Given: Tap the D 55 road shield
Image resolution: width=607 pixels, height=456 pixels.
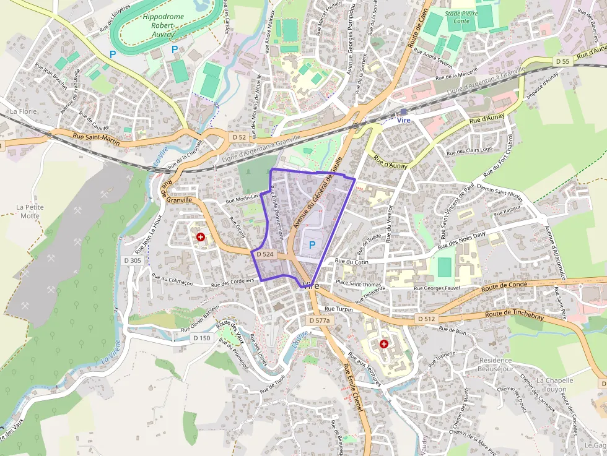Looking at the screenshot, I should click(x=562, y=61).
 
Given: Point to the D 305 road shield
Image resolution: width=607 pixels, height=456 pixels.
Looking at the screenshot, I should click(x=133, y=260).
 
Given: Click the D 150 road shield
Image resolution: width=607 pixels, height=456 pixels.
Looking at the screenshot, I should click(x=201, y=338).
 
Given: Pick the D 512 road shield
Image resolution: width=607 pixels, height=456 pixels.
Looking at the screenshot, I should click(x=426, y=318).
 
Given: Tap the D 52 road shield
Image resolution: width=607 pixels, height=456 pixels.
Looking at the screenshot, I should click(x=240, y=136).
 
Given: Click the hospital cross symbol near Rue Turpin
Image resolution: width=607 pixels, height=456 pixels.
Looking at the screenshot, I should click(x=384, y=343).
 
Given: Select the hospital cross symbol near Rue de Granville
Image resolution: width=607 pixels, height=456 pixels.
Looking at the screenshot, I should click(x=201, y=237).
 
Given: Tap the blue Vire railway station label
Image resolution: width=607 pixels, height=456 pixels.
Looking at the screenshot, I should click(x=404, y=120).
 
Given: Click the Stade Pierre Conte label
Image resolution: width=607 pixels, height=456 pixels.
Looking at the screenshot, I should click(x=461, y=17).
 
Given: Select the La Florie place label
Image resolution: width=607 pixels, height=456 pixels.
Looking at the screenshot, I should click(x=24, y=111).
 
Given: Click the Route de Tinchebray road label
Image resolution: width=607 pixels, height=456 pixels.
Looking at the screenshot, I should click(x=514, y=314).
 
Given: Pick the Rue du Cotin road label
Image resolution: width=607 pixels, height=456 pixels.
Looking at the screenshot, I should click(x=351, y=262).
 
